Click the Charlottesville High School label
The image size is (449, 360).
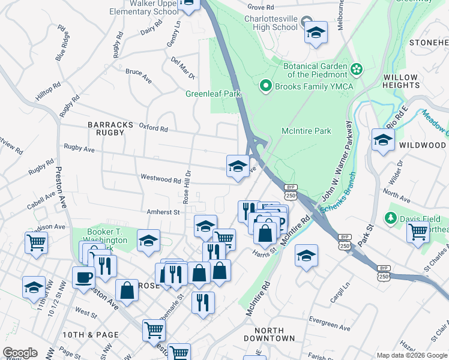pyautogui.click(x=268, y=22)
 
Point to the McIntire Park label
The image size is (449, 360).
pyautogui.click(x=306, y=131)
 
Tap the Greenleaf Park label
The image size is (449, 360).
pyautogui.click(x=212, y=94)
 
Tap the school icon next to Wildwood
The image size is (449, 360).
pyautogui.click(x=382, y=140)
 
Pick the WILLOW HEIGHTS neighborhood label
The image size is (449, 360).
pyautogui.click(x=400, y=82)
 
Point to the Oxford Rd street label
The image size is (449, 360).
pyautogui.click(x=154, y=128)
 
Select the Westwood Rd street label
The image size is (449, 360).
pyautogui.click(x=160, y=179)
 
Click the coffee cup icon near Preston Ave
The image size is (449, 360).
pyautogui.click(x=83, y=277)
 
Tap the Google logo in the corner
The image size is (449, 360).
pyautogui.click(x=20, y=353)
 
